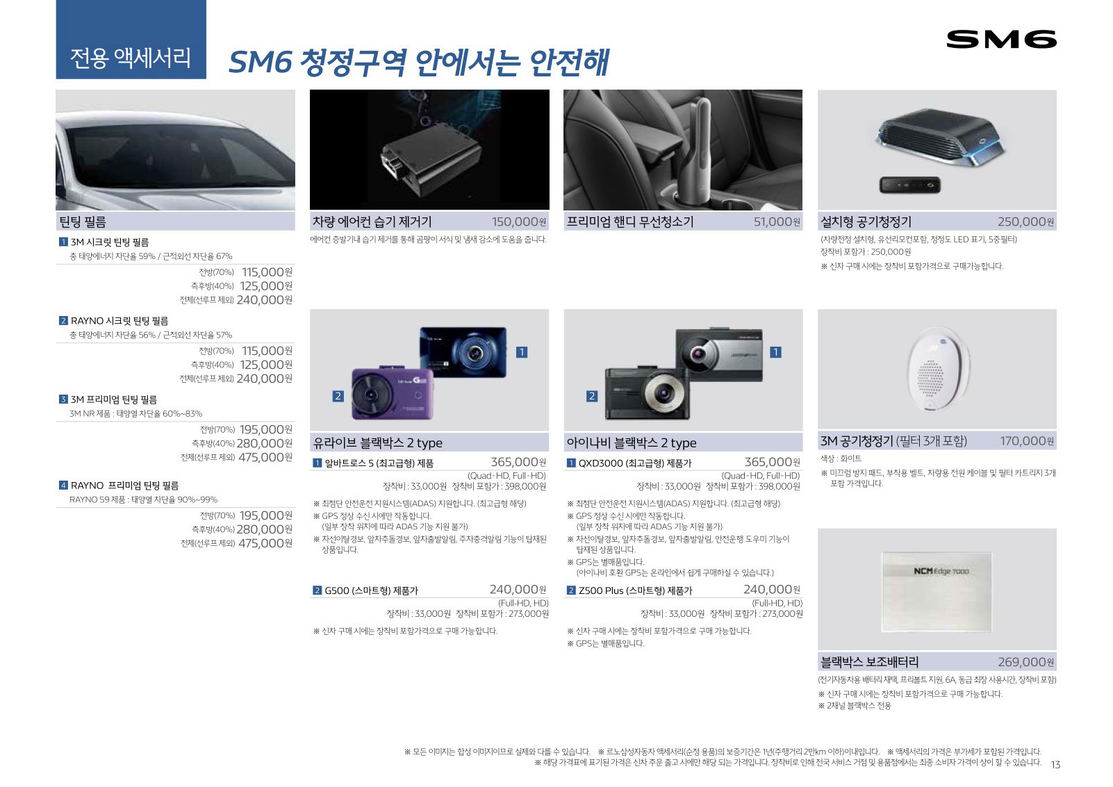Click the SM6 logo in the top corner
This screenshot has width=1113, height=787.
tap(1001, 40)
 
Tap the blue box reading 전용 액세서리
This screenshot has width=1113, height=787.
tap(131, 40)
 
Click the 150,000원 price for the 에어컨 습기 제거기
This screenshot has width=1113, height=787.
tap(519, 222)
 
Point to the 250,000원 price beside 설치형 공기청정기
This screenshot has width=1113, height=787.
tap(1025, 222)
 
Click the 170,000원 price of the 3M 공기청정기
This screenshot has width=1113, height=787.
tap(1027, 440)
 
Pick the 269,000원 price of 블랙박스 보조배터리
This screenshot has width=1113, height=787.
tap(1025, 662)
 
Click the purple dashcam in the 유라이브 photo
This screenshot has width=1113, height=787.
tap(393, 393)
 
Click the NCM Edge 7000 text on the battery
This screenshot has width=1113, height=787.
tap(941, 572)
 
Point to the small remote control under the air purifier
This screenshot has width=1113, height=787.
tap(909, 185)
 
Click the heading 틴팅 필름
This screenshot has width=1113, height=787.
tap(83, 222)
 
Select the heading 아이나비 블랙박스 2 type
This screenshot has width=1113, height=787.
tap(632, 442)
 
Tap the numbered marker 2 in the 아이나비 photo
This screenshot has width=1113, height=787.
tap(591, 396)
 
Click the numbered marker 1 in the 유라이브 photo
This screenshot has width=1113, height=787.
tap(521, 352)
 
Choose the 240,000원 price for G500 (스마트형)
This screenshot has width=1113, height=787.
tap(518, 590)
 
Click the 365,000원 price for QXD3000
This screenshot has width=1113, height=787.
tap(772, 462)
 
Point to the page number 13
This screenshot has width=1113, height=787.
tap(1055, 765)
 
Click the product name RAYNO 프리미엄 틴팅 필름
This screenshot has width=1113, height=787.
tap(125, 486)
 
